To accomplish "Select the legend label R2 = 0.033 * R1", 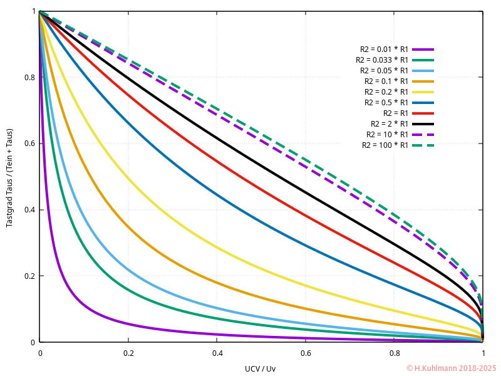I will coord(382,60).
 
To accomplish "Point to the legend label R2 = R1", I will coord(396,113).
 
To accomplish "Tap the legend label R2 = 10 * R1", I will coord(388,134).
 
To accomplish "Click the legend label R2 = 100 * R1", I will coord(385,145).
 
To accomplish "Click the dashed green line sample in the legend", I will coord(423,145).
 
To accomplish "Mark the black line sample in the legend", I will coord(423,123).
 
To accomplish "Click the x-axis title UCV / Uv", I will coord(260,368).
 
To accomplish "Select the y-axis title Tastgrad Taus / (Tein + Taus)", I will coord(9,177).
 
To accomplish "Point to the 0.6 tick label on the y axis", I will coord(29,144).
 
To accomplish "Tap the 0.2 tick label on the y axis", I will coord(29,276).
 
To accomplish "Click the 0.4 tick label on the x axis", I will coord(217,353).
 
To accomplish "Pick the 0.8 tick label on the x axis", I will coord(394,353).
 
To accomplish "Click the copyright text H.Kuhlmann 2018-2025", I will coord(451,368).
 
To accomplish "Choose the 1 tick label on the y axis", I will coord(33,11).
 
